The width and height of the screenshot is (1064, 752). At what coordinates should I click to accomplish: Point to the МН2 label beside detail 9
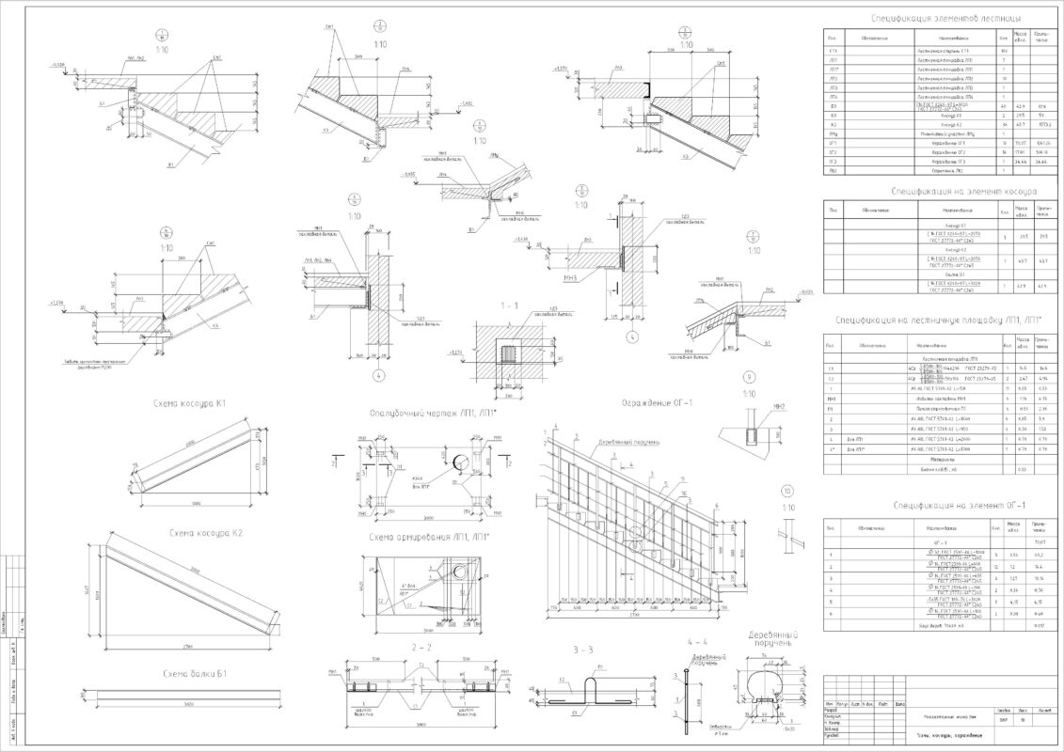point(778,407)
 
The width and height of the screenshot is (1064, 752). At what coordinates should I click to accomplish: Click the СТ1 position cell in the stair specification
point(833,51)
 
